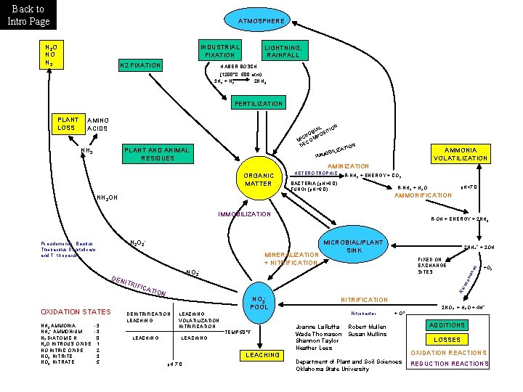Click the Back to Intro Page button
[x=28, y=15]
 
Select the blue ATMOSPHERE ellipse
[x=261, y=21]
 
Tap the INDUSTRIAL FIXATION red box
[x=220, y=51]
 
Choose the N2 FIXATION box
[x=140, y=65]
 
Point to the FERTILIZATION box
[x=258, y=104]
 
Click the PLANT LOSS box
[x=68, y=124]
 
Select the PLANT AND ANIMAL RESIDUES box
[x=156, y=154]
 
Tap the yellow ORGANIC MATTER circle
[x=259, y=179]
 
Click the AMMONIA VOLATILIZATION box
[x=461, y=153]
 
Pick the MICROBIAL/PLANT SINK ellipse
[x=352, y=245]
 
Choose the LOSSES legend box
[x=447, y=340]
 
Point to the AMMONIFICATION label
[x=422, y=195]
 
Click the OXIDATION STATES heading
[x=70, y=312]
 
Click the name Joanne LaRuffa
[x=317, y=327]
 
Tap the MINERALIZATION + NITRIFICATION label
[x=291, y=258]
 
